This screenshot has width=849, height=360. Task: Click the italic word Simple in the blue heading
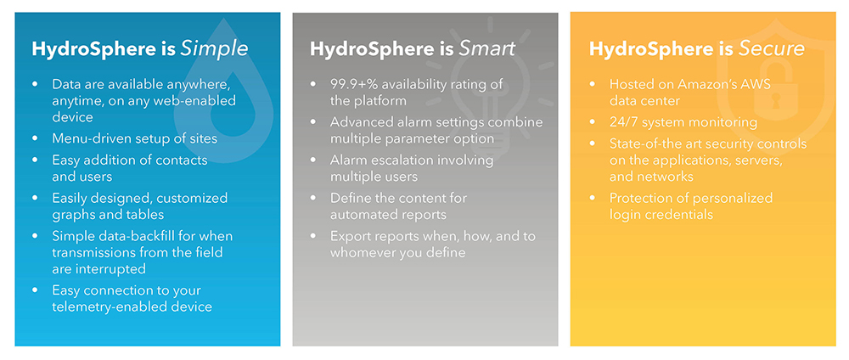[x=214, y=49]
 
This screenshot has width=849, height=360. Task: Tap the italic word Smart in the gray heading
[x=486, y=48]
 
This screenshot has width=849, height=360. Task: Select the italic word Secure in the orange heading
[x=771, y=48]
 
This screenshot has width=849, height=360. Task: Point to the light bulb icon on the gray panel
[x=490, y=82]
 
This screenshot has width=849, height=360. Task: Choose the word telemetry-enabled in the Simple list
[x=103, y=307]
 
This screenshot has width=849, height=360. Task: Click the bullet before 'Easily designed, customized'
[x=36, y=199]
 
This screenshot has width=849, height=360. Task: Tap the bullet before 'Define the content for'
[x=313, y=199]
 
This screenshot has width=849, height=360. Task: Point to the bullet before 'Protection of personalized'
[x=593, y=199]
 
